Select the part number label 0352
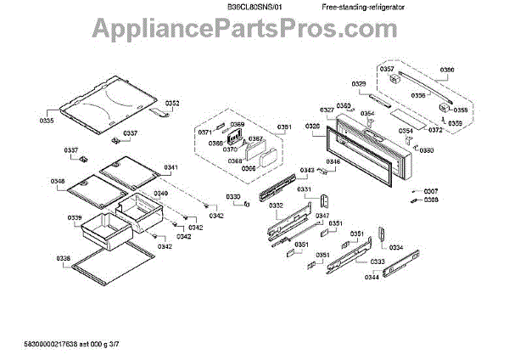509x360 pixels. (x=172, y=104)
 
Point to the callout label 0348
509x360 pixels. (x=58, y=181)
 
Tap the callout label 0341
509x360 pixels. (x=171, y=168)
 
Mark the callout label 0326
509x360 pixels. (x=312, y=127)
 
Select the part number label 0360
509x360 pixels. (x=343, y=106)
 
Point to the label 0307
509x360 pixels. (x=431, y=191)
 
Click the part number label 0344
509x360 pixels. (x=372, y=277)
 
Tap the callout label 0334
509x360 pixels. (x=396, y=247)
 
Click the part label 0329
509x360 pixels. (x=359, y=83)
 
